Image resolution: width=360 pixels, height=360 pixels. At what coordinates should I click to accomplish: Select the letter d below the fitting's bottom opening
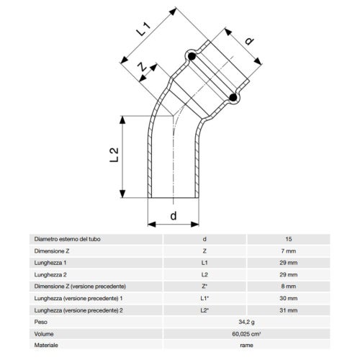coord(174,215)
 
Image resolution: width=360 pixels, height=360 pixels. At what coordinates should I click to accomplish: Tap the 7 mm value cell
coord(288,251)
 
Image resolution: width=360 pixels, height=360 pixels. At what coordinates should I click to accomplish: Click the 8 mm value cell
coord(288,287)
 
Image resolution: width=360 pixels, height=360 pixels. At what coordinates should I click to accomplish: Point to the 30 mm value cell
coord(288,298)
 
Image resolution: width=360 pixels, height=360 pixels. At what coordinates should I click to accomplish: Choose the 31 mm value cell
coord(288,310)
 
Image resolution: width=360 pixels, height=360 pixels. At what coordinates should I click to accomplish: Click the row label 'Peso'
coord(41,323)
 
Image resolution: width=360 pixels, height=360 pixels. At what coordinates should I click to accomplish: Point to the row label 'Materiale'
coord(47,346)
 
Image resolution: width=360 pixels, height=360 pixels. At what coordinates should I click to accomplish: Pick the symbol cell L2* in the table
coord(205,310)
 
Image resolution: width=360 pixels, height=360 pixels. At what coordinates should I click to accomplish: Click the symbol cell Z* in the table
coord(205,287)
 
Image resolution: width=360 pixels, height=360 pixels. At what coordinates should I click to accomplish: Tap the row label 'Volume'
coord(45,334)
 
